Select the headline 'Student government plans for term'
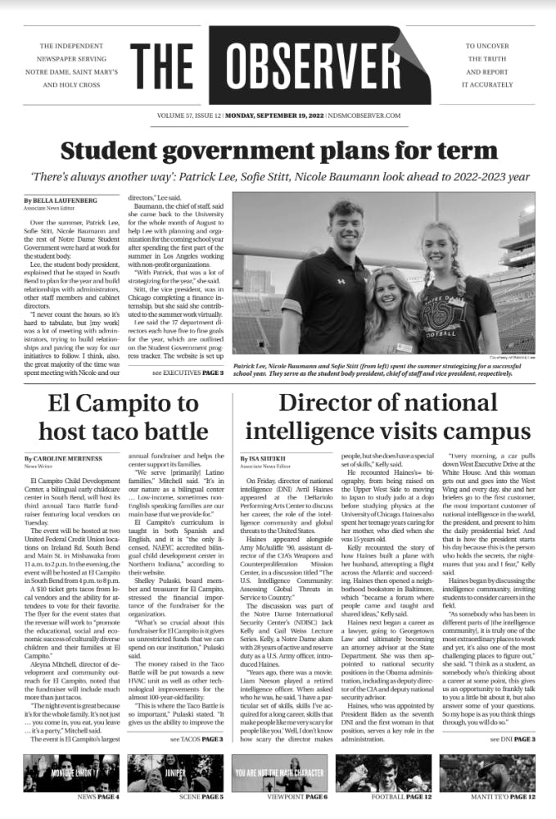tap(278, 152)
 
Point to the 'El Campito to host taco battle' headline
tap(123, 416)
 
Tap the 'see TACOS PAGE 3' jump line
tap(197, 762)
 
